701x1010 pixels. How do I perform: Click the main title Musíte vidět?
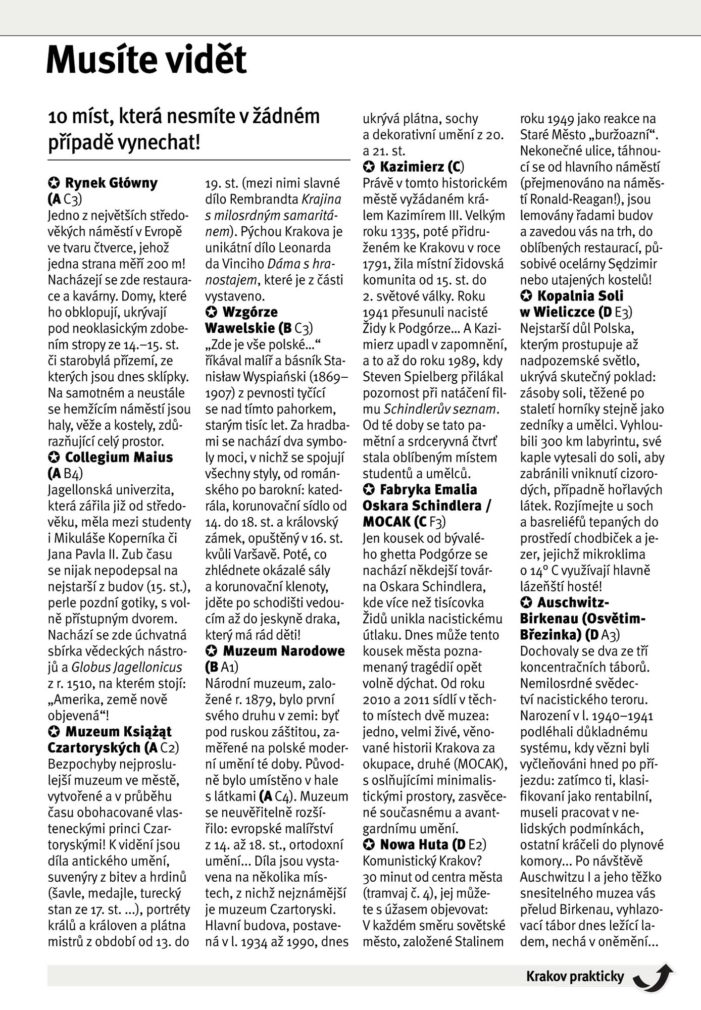tap(146, 60)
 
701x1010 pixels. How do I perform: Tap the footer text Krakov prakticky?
tap(575, 976)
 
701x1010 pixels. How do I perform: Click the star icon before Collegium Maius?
tap(54, 458)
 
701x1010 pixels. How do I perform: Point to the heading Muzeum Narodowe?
tap(284, 651)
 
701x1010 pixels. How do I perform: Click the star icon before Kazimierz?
tap(369, 167)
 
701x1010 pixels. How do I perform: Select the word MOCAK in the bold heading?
tap(386, 522)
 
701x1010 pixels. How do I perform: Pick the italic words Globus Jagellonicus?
tap(127, 668)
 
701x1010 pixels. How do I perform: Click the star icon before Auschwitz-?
tap(526, 602)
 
